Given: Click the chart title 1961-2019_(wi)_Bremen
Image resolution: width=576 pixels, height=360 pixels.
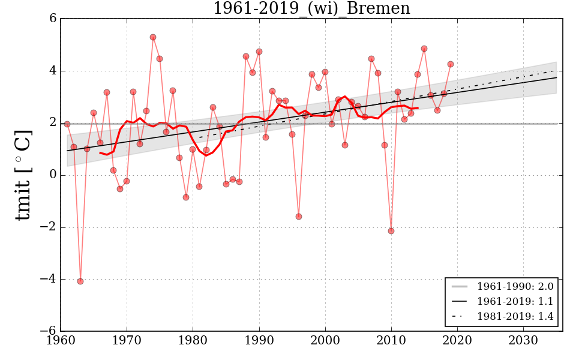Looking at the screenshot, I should pyautogui.click(x=311, y=9).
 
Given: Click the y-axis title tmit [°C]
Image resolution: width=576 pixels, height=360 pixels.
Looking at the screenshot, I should pyautogui.click(x=23, y=175).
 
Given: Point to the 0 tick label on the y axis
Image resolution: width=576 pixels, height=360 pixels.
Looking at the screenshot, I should pyautogui.click(x=53, y=175).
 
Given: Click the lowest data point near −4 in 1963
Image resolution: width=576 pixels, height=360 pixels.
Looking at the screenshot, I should pyautogui.click(x=80, y=281).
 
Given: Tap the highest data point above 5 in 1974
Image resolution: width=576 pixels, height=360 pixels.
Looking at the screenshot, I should pyautogui.click(x=153, y=37).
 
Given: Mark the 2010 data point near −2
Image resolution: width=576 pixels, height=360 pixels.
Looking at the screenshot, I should pyautogui.click(x=391, y=231).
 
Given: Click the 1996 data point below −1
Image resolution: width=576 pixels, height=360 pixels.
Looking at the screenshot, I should pyautogui.click(x=299, y=217).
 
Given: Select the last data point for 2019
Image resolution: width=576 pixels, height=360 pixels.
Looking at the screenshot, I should pyautogui.click(x=451, y=64).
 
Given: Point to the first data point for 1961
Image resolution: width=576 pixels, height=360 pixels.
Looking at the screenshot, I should pyautogui.click(x=67, y=124).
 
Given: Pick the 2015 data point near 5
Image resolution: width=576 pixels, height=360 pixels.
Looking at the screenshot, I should pyautogui.click(x=424, y=49).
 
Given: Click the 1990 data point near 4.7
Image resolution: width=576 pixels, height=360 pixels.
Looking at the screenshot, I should pyautogui.click(x=259, y=52).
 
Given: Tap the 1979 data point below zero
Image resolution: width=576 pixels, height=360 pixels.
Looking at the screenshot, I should pyautogui.click(x=186, y=197).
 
